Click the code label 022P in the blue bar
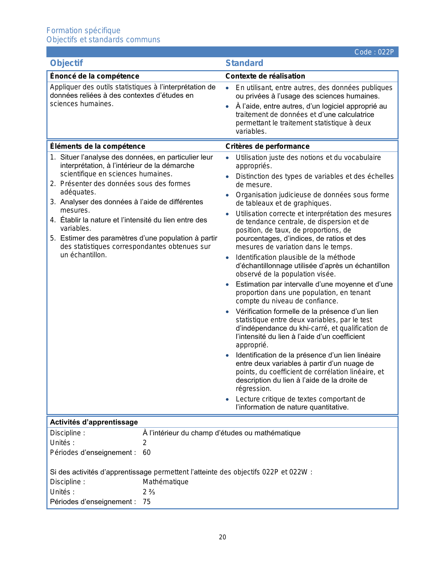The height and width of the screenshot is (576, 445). pos(374,52)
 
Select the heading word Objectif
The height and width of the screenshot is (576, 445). pos(66,63)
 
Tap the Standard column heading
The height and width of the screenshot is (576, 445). pos(244,63)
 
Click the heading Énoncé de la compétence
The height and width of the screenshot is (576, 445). pos(95,76)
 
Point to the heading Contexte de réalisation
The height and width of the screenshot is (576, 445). pos(265,76)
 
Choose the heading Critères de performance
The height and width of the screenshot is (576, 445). pos(267,146)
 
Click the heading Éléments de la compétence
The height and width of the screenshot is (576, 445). pos(97,146)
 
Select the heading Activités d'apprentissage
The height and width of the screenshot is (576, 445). pos(94,422)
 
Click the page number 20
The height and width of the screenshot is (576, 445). pos(222,537)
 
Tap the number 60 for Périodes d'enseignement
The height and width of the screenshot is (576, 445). pos(147,452)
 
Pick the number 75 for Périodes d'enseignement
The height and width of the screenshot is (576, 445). pos(147,502)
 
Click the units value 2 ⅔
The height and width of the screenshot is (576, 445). pos(149,492)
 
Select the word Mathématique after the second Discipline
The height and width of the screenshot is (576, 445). pos(165,482)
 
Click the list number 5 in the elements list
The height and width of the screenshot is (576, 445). pos(53,238)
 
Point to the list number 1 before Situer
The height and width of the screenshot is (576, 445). pos(53,157)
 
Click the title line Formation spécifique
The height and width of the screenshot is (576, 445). pos(83,30)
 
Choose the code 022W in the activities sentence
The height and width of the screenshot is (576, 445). pos(298,472)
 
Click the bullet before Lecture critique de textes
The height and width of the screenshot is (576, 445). pos(228,399)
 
